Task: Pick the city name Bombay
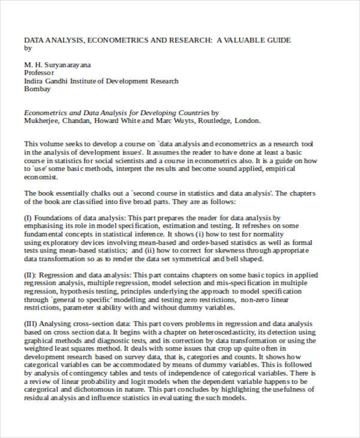point(37,89)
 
